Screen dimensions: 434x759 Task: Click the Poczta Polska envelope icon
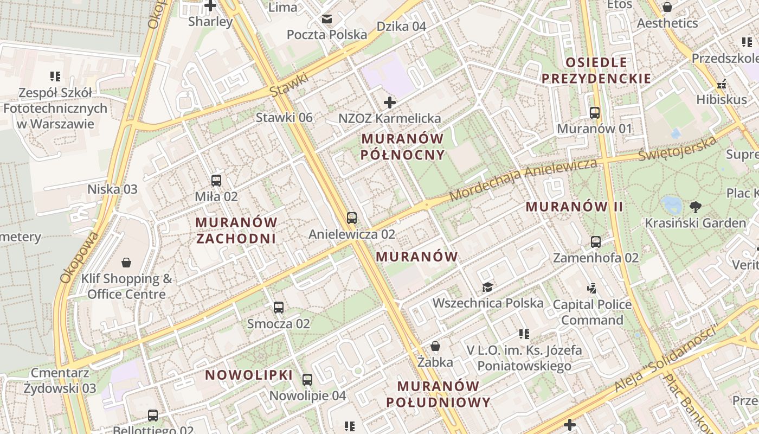click(326, 20)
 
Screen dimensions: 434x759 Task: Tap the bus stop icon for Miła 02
click(216, 181)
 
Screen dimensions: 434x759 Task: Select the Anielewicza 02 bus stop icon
click(352, 218)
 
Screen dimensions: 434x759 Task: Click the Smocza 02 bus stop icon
click(279, 308)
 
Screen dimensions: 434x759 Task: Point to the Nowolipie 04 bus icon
click(307, 380)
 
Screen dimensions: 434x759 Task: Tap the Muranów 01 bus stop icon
click(595, 113)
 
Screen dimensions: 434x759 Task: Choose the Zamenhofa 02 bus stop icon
click(596, 241)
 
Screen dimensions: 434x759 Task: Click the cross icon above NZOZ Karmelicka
click(389, 103)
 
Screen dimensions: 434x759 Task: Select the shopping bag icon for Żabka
click(435, 346)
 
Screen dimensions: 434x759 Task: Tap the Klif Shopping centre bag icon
click(126, 263)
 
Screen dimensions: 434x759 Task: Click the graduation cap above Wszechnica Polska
click(487, 287)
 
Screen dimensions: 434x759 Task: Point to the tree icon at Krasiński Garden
click(695, 207)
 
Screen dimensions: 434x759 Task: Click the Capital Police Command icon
click(592, 288)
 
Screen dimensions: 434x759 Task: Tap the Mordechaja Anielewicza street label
click(523, 180)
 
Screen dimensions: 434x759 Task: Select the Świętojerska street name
click(677, 148)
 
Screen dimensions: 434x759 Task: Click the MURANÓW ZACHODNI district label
click(236, 231)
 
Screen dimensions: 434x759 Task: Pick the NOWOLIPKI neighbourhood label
click(249, 375)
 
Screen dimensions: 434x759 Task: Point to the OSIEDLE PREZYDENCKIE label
click(596, 71)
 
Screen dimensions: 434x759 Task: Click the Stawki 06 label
click(284, 118)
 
